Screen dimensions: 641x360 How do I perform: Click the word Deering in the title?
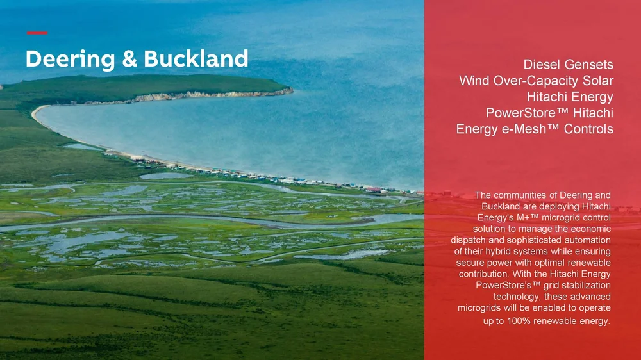click(x=71, y=60)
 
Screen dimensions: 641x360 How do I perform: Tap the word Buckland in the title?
click(x=196, y=58)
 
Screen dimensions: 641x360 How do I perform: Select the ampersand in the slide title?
click(x=129, y=59)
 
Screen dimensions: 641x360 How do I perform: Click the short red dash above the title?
click(x=37, y=33)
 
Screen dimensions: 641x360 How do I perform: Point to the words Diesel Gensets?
click(x=568, y=65)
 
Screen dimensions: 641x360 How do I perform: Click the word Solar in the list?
click(x=598, y=81)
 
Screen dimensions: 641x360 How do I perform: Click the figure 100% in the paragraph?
click(x=519, y=321)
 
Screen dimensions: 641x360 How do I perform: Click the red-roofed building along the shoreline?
click(x=372, y=190)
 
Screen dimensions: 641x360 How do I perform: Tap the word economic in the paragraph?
click(x=592, y=229)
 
